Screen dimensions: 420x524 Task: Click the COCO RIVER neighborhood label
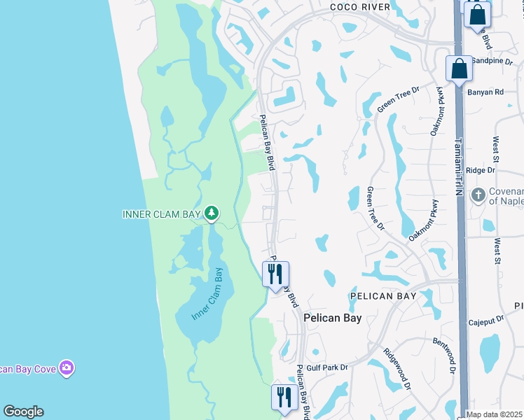coord(359,6)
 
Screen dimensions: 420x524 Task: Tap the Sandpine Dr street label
coord(494,61)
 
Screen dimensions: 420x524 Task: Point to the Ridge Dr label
coord(481,170)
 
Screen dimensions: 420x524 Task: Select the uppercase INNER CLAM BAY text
coord(162,213)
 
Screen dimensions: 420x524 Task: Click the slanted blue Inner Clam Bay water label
coord(207,295)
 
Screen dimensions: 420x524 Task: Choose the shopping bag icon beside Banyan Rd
coord(459,69)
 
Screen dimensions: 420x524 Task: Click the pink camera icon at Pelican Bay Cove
coord(67,367)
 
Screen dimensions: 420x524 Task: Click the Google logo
coord(23,412)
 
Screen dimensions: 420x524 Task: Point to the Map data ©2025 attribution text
coord(495,414)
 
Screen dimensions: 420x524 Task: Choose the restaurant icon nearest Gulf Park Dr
coord(284,397)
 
